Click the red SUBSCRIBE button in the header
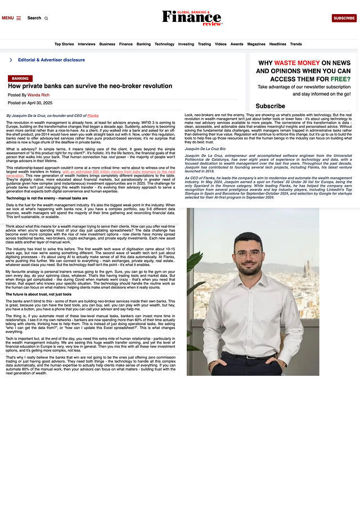click(x=344, y=18)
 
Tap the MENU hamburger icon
click(x=19, y=18)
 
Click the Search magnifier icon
click(x=46, y=18)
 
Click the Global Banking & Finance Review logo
click(x=192, y=17)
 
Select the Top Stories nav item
click(x=64, y=44)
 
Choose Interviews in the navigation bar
click(x=87, y=44)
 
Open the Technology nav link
click(x=164, y=44)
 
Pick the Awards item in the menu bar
click(x=237, y=44)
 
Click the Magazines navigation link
click(x=256, y=44)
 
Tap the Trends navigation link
click(x=296, y=44)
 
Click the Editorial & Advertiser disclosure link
click(x=51, y=60)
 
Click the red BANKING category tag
click(x=20, y=79)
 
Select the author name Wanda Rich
click(x=39, y=95)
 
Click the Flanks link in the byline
click(x=93, y=115)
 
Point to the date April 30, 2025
click(x=38, y=103)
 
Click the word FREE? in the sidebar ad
click(x=341, y=79)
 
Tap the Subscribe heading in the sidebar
click(x=270, y=106)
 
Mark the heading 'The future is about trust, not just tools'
click(x=39, y=294)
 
